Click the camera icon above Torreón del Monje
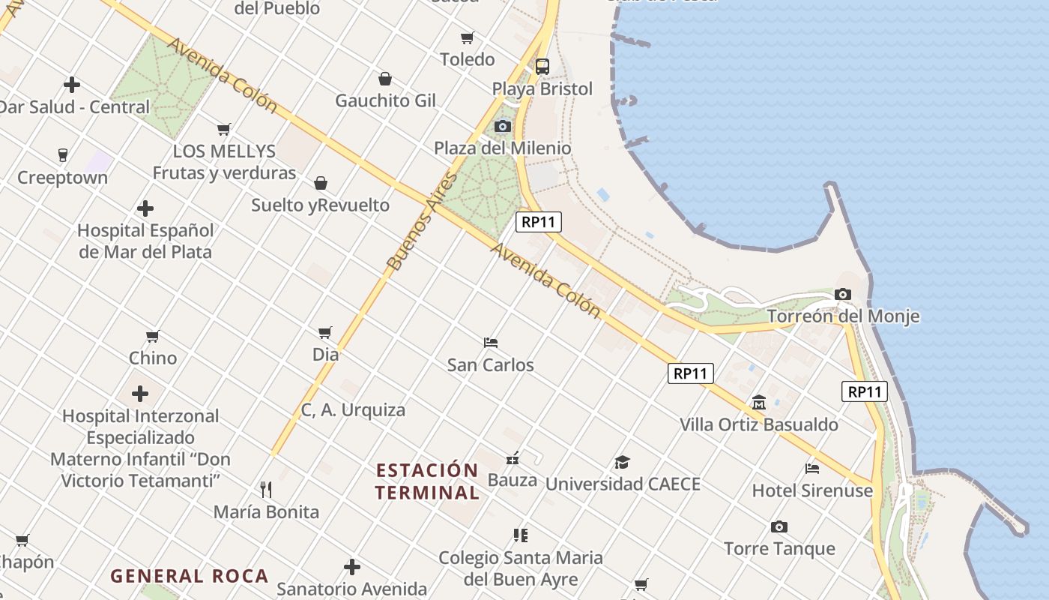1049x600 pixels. click(843, 294)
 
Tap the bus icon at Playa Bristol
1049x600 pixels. click(542, 66)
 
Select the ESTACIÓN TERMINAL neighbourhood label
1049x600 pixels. click(427, 481)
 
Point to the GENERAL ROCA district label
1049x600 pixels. click(190, 576)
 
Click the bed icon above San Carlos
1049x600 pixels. click(491, 343)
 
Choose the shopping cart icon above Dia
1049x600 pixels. click(325, 332)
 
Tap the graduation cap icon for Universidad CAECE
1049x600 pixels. click(622, 462)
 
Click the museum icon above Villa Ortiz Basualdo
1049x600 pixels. click(758, 402)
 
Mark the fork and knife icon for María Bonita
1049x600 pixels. click(266, 490)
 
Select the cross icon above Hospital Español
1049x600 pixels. click(145, 208)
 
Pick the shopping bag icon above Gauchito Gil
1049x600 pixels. click(385, 79)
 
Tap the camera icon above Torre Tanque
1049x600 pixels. click(779, 526)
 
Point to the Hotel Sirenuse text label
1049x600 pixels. click(813, 490)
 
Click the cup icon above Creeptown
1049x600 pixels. click(63, 155)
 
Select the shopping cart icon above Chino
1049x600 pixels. click(153, 336)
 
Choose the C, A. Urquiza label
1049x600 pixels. click(353, 409)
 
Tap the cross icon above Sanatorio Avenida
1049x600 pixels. click(352, 567)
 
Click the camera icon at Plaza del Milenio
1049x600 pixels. click(503, 126)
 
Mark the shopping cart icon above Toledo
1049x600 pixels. click(468, 37)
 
